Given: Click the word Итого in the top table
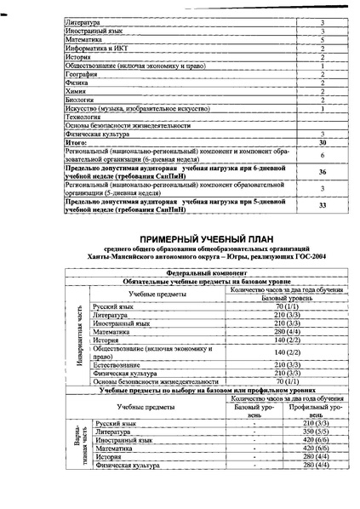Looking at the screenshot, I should [x=77, y=142].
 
